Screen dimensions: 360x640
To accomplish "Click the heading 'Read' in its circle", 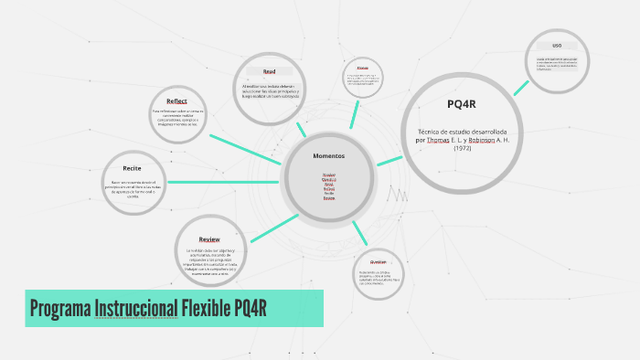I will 269,70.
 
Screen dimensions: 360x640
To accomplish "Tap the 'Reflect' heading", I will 176,101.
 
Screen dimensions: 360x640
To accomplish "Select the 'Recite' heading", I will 132,168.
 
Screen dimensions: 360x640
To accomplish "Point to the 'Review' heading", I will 209,238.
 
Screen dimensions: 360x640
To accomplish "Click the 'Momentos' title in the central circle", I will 329,155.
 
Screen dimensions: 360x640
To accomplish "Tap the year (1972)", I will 463,149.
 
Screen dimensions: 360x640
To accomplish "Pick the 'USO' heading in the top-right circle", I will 557,45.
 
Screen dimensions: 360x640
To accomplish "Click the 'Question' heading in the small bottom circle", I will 379,261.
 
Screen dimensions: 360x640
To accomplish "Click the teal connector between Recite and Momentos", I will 225,182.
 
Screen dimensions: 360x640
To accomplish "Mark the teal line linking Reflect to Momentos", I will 245,150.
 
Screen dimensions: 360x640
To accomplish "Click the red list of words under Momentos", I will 329,185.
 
